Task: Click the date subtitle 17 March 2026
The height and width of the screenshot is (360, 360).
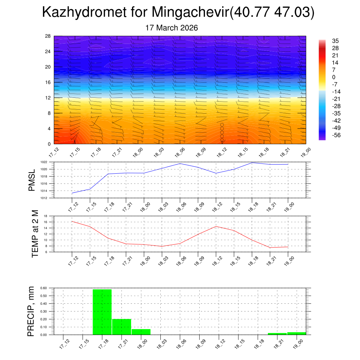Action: [172, 28]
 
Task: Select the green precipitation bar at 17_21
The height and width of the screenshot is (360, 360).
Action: [122, 327]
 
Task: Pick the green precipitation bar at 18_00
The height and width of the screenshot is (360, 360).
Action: [141, 332]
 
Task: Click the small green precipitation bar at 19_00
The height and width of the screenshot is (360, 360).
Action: [296, 333]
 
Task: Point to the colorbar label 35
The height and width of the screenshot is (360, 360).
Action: [335, 41]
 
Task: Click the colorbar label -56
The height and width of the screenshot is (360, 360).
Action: [336, 135]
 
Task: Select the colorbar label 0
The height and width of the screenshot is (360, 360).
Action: [334, 77]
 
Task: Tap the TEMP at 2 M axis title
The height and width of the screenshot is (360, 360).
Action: [35, 234]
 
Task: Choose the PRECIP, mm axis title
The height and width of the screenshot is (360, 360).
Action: [32, 311]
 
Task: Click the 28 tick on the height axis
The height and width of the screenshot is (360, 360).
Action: [48, 36]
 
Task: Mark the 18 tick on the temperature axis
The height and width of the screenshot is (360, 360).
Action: [46, 216]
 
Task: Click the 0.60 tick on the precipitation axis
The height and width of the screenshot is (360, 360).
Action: [43, 288]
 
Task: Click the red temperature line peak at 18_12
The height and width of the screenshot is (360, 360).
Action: [216, 226]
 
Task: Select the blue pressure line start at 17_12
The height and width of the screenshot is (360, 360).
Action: [72, 193]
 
